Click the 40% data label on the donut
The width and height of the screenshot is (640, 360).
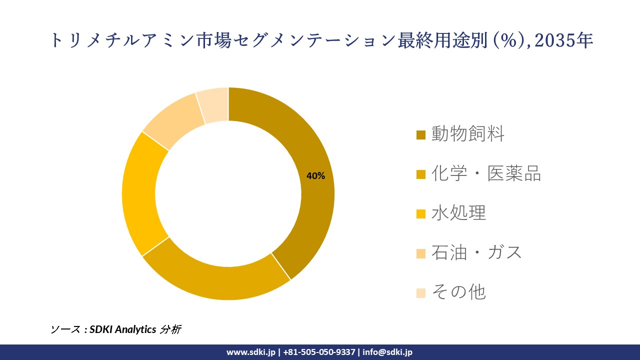315,176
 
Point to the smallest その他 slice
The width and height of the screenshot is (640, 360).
214,105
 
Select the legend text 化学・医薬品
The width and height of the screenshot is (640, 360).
486,173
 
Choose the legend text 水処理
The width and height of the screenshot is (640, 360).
458,213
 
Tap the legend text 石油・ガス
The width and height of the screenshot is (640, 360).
476,252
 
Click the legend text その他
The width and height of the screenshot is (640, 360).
458,292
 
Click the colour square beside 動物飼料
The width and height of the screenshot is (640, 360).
421,135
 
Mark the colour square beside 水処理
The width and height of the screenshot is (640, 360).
421,214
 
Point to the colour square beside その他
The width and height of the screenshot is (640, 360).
421,293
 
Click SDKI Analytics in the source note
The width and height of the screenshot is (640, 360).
122,329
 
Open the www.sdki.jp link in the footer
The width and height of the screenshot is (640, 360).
250,352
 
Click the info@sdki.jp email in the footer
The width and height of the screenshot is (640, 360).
387,352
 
